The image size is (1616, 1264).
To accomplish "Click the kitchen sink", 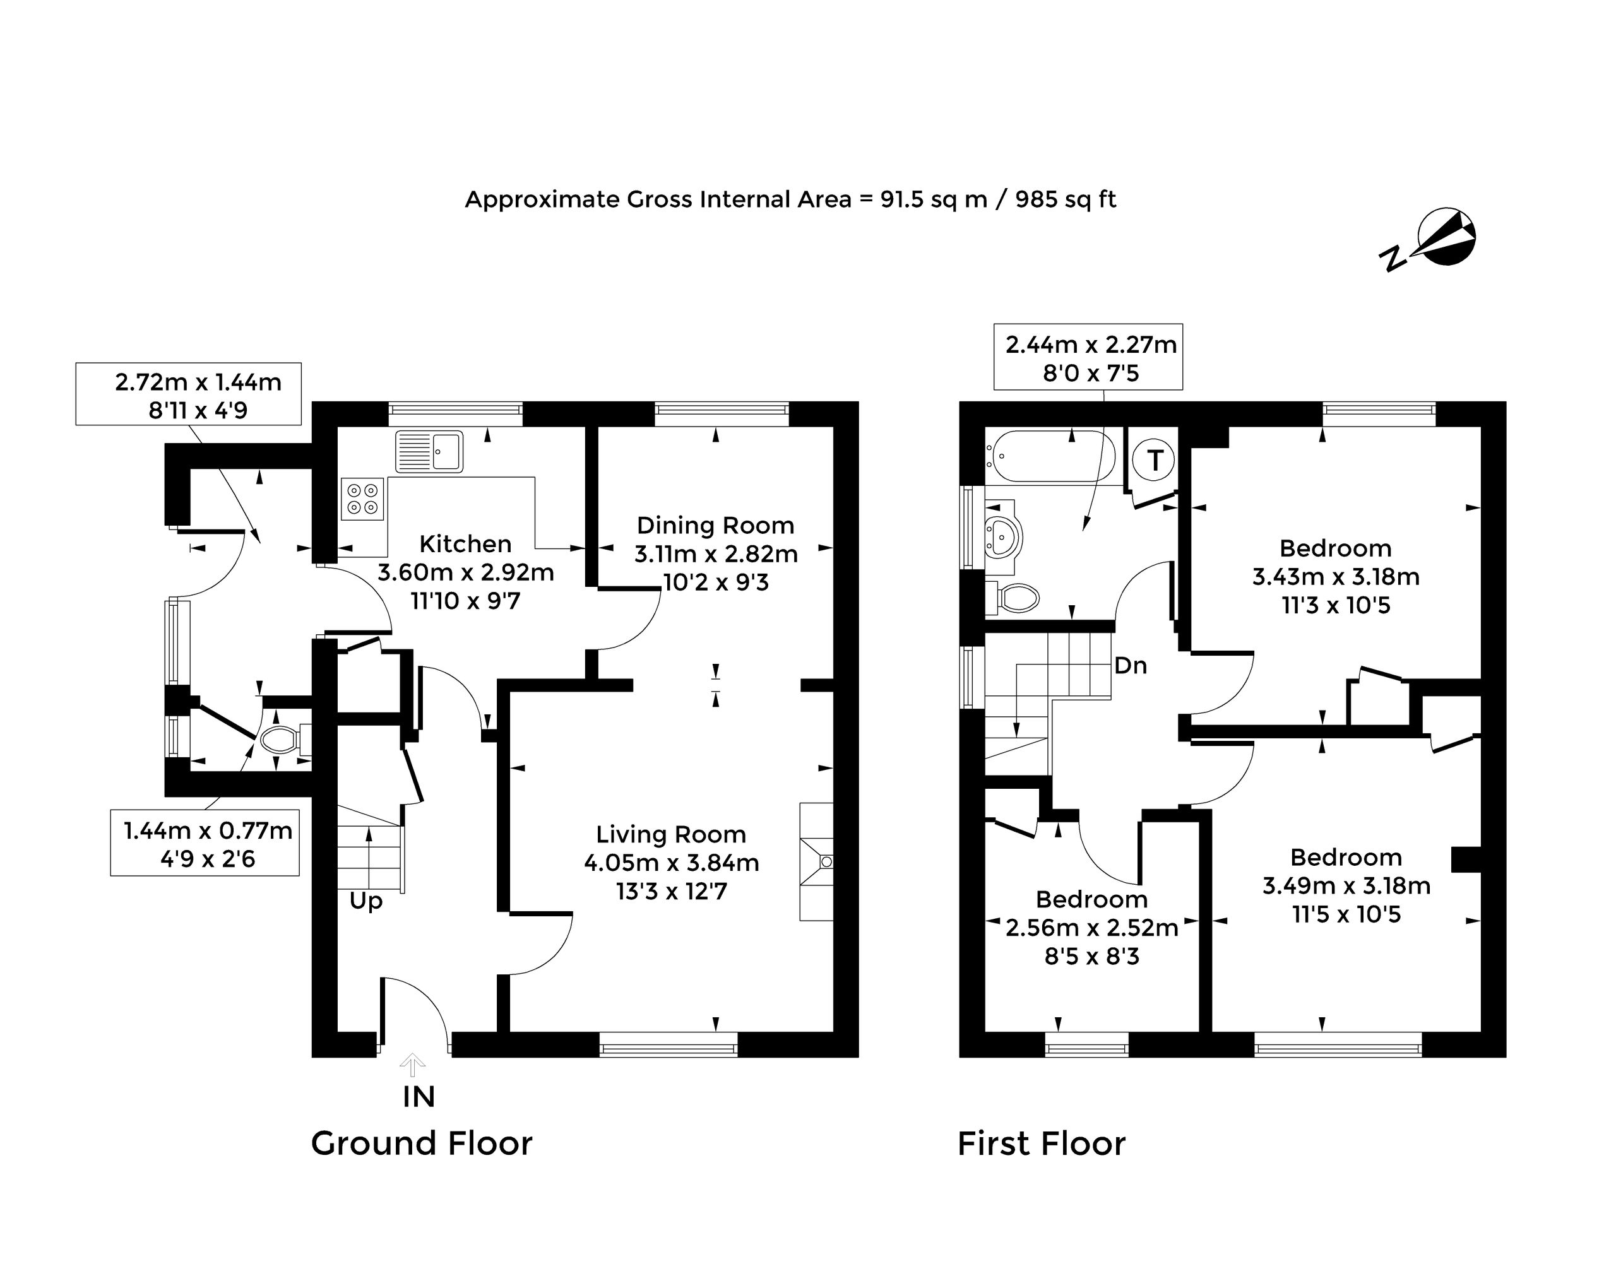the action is point(429,451).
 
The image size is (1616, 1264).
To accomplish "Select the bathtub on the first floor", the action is point(1050,458).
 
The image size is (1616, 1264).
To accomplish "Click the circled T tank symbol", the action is point(1155,459).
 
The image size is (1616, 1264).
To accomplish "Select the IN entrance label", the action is point(419,1097).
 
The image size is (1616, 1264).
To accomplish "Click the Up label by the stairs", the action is point(365,901).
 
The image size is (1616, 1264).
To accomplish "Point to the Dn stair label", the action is point(1131,665).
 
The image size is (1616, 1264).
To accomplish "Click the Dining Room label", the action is point(715,526).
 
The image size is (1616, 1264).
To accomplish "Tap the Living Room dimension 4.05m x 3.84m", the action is point(672,863).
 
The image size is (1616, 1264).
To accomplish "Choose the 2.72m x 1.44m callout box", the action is point(189,394).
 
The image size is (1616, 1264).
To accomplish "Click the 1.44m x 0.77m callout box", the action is point(205,843).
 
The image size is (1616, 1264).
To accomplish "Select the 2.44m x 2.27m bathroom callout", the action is point(1088,357).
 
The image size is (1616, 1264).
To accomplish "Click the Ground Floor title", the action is point(421,1143).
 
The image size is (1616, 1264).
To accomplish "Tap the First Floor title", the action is point(1042,1143).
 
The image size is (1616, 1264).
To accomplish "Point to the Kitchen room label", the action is point(465,544).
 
